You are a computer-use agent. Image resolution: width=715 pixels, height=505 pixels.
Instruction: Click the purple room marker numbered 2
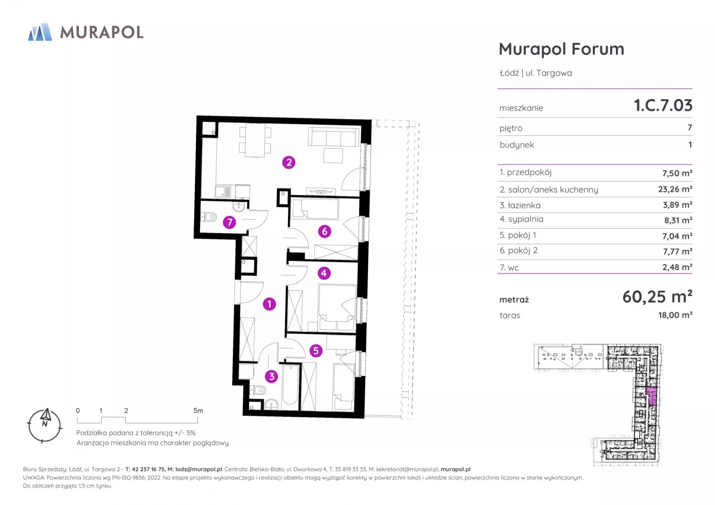(x=289, y=163)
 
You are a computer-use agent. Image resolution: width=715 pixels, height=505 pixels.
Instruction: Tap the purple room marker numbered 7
(x=229, y=223)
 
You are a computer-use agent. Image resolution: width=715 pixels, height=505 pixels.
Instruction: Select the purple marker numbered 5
(x=316, y=351)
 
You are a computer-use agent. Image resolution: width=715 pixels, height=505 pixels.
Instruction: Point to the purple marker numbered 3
(x=271, y=377)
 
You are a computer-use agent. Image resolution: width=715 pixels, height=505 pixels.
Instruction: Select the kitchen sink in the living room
(x=223, y=191)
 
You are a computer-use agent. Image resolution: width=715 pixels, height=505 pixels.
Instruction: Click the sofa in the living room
(x=334, y=137)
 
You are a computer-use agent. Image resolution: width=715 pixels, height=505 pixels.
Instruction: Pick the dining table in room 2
(x=255, y=140)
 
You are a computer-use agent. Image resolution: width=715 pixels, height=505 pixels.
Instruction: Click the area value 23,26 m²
(x=675, y=189)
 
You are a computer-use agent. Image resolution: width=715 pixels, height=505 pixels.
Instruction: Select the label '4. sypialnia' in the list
(x=521, y=219)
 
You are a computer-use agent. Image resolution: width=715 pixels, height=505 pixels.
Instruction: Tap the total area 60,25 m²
(x=657, y=297)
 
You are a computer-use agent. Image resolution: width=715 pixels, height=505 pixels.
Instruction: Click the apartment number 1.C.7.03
(x=663, y=105)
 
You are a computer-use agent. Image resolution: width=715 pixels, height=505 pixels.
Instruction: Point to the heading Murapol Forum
(x=562, y=49)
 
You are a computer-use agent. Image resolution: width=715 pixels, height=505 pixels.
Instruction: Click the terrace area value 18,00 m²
(x=675, y=315)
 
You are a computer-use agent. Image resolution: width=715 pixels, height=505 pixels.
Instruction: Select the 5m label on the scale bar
(x=198, y=410)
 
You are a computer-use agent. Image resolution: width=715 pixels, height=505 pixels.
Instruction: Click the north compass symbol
(x=45, y=425)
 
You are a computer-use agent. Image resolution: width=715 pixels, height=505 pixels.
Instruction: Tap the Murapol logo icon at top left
(x=40, y=32)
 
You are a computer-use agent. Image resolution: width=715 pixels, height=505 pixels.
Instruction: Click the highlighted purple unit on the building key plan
(x=652, y=396)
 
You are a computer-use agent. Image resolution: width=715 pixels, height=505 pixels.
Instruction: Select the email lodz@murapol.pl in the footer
(x=198, y=469)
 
